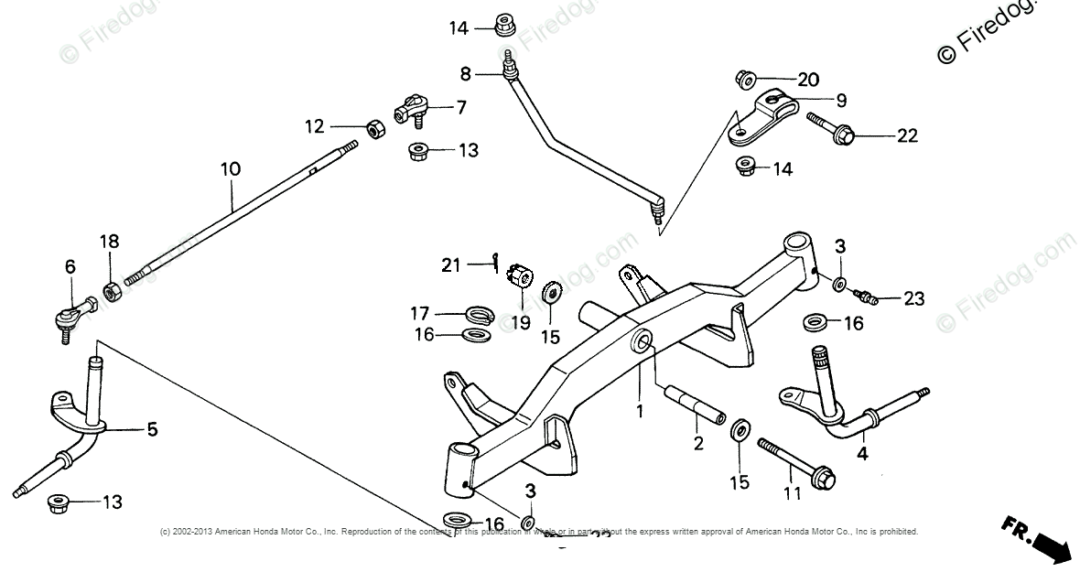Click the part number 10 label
230,168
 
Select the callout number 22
906,135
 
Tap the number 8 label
465,72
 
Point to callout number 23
913,298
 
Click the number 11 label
793,492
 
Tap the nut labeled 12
373,128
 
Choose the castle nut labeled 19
520,272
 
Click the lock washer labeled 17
477,314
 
